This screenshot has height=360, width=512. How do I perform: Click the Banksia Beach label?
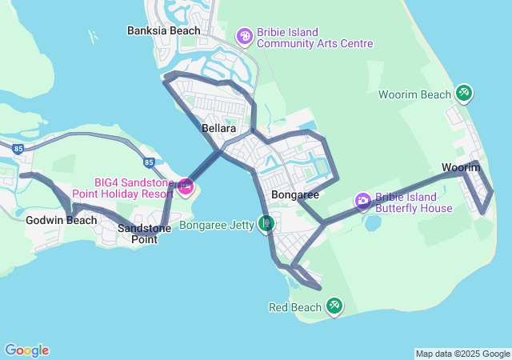click(x=163, y=30)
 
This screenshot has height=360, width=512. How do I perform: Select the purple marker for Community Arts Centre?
click(x=244, y=36)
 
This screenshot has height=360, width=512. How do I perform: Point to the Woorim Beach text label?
click(x=415, y=94)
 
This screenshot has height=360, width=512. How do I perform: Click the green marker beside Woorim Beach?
click(x=464, y=94)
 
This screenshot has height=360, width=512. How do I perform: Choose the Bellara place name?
click(x=218, y=128)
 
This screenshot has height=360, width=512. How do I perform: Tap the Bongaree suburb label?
click(x=295, y=194)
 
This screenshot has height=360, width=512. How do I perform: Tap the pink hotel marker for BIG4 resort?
click(x=186, y=188)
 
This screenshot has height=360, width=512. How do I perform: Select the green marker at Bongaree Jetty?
click(x=266, y=223)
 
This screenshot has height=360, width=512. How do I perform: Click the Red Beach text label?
click(x=294, y=307)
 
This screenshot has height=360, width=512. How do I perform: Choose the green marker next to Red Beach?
click(x=334, y=306)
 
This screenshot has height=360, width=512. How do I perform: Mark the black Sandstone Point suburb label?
click(x=138, y=234)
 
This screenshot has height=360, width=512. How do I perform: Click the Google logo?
click(x=26, y=350)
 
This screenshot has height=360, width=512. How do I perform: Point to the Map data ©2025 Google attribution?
click(x=462, y=354)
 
